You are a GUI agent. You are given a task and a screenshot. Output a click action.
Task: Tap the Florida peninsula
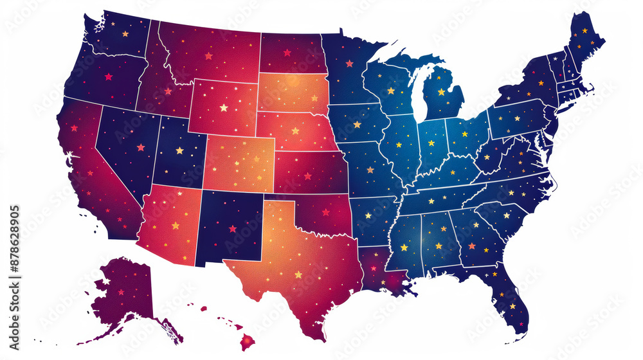pos(511,302)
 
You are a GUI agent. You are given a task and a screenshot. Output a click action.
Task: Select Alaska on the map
pos(125,292)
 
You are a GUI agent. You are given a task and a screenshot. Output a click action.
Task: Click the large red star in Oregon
pos(108,76)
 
